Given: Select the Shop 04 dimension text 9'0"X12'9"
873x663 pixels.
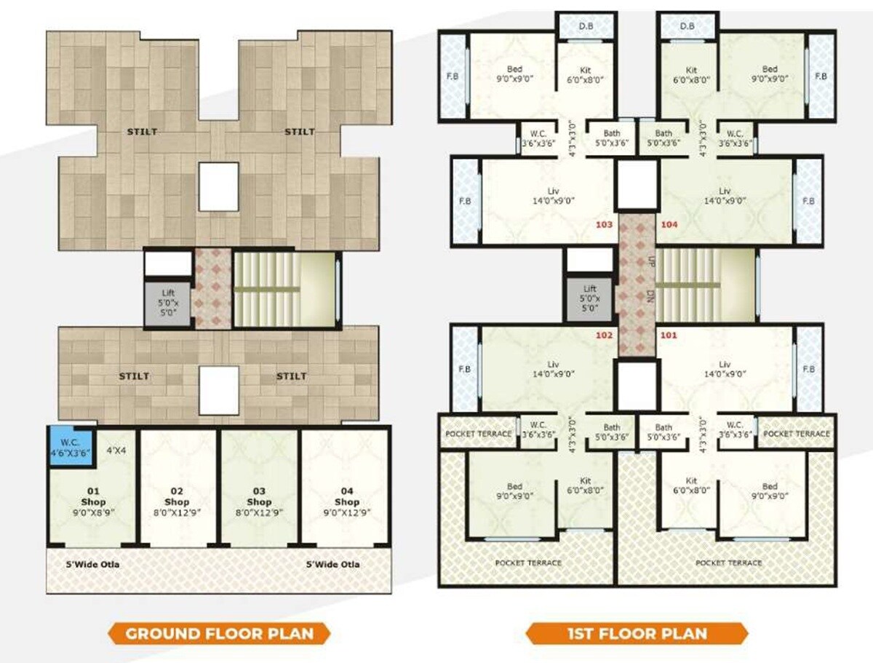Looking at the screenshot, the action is point(347,513).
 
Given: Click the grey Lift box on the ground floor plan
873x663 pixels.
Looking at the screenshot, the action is point(168,304).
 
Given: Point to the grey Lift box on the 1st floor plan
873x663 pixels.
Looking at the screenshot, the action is point(589,298).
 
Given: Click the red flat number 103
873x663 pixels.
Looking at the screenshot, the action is point(604,225).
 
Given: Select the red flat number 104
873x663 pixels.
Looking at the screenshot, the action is point(669,225).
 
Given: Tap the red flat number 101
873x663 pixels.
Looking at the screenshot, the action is point(669,336).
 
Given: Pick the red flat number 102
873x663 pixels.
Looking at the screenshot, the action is point(604,336).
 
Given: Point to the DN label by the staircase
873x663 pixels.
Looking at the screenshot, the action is point(650,296).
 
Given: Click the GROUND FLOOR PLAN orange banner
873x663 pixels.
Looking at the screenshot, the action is point(219,633).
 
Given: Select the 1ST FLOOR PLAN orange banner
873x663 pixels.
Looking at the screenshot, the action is point(637,633).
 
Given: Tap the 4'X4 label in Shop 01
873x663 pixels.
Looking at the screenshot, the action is point(116,450).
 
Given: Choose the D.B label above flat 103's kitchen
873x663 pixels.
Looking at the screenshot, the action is point(586,26).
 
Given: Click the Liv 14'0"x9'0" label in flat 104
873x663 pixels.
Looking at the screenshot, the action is point(725,196).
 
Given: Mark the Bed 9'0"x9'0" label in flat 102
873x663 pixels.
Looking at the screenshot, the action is point(514,491).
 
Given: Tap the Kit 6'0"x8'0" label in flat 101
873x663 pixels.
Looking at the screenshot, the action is point(691,485).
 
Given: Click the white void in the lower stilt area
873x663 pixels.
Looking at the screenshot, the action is point(219,390).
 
